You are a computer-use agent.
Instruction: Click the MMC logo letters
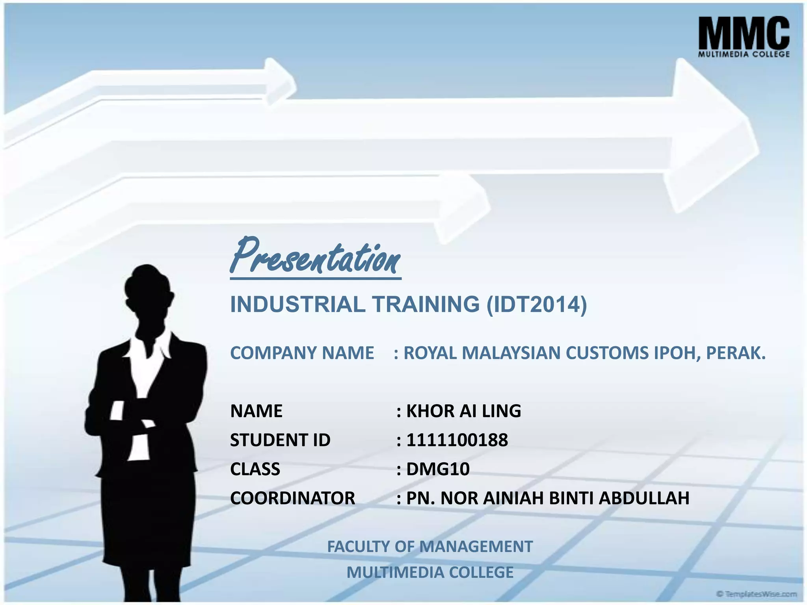pos(744,33)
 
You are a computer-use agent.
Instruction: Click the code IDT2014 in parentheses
pos(536,304)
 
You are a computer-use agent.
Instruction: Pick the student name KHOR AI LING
pos(463,411)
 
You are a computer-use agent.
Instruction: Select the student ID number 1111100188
pos(457,440)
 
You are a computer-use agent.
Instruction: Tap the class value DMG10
pos(438,469)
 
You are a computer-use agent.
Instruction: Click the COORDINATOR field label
pos(292,498)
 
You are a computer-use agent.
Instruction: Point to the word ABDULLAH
pos(644,498)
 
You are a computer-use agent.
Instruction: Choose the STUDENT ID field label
pos(280,440)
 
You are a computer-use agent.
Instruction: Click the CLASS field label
pos(255,469)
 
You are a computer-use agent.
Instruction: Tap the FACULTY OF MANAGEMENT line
pos(430,547)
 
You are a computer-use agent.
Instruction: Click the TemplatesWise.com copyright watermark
pos(756,594)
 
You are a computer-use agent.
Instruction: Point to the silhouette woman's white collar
pos(150,347)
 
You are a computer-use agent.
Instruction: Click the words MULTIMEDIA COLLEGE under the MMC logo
pos(744,54)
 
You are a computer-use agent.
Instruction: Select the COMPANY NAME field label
pos(302,353)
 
